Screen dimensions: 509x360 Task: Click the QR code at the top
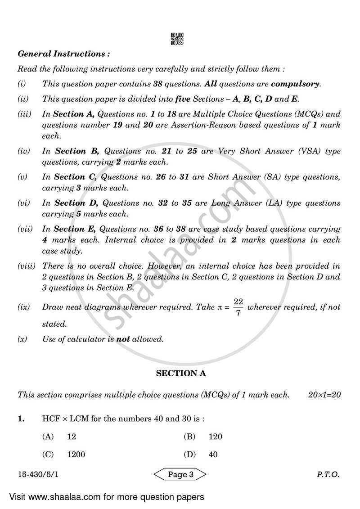coord(177,39)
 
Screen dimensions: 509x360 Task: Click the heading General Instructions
coord(63,54)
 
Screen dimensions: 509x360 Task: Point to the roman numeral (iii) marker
coord(24,114)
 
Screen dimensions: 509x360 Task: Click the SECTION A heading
coord(177,373)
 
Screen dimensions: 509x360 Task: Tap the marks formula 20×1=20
coord(324,395)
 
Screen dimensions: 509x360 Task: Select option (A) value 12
coord(72,437)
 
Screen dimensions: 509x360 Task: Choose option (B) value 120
coord(216,437)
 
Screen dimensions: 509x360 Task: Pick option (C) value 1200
coord(76,455)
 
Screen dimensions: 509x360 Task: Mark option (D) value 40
coord(213,455)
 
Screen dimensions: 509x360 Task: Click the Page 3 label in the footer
coord(180,474)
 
